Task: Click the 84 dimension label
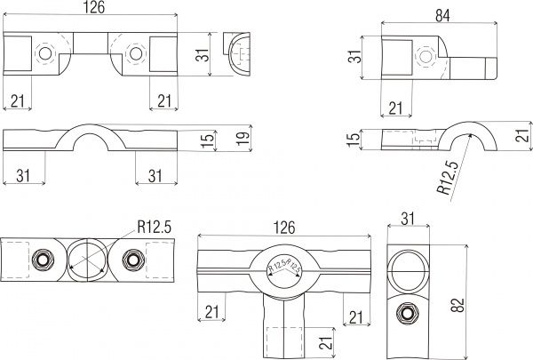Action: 442,16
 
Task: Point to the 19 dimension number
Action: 243,138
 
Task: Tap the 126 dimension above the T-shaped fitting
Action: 284,228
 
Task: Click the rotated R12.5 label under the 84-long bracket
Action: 448,177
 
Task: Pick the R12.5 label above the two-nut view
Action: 154,227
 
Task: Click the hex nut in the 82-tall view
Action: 408,313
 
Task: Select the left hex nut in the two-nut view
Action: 43,260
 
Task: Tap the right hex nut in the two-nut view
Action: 133,260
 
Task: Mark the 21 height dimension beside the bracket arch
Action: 523,135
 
